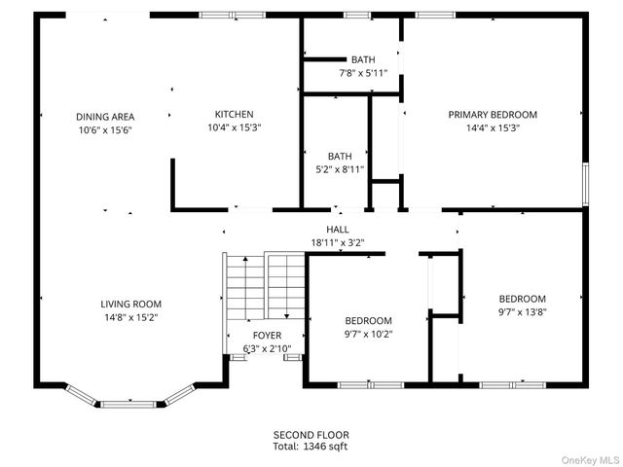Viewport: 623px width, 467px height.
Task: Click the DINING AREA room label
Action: [104, 116]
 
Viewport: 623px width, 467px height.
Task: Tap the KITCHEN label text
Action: [234, 114]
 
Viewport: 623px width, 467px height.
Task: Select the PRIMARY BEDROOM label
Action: [492, 114]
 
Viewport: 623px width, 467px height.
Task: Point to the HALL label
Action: [338, 229]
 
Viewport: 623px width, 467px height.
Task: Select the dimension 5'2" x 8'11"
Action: [340, 168]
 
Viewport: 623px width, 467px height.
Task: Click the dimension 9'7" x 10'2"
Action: [368, 334]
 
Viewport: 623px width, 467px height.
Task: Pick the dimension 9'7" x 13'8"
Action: [523, 311]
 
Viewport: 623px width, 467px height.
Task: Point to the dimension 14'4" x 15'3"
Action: [492, 127]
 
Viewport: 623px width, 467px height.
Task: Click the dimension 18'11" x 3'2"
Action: [338, 242]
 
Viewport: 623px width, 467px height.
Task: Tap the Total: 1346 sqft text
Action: [311, 447]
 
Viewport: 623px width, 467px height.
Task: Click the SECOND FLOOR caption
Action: [311, 434]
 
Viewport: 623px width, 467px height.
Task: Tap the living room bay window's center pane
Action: [129, 402]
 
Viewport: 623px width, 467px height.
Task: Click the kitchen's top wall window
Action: [232, 15]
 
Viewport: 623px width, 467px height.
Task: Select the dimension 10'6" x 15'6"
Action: [104, 129]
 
